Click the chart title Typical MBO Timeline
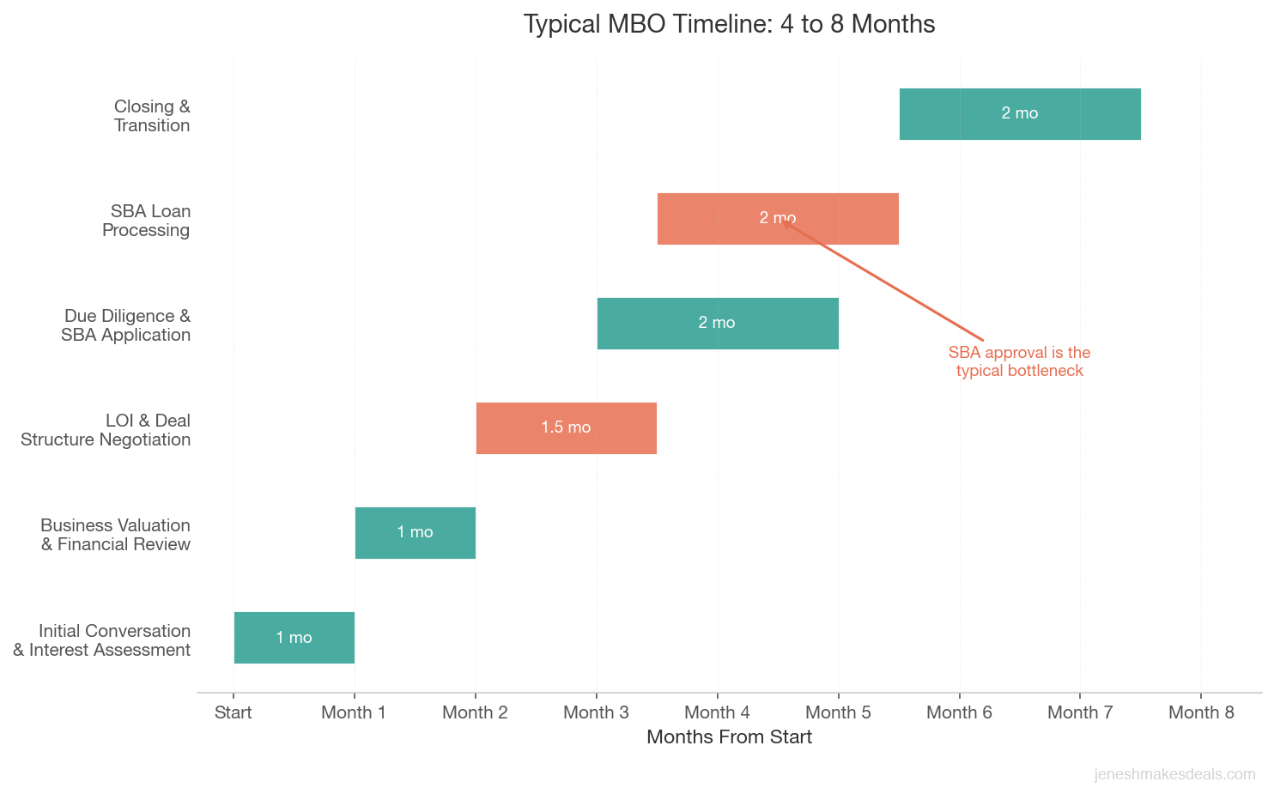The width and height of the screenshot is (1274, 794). (729, 24)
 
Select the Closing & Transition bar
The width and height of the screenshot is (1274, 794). (1020, 114)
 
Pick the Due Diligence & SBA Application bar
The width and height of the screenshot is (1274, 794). (718, 324)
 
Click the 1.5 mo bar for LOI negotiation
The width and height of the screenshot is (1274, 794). (567, 428)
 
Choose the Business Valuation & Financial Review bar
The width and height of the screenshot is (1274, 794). (416, 533)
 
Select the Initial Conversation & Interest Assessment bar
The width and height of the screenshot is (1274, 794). (294, 638)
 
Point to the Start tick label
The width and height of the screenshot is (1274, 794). (234, 712)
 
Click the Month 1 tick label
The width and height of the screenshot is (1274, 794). (354, 712)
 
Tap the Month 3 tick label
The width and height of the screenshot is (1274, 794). (596, 712)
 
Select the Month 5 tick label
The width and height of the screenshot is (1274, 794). (838, 712)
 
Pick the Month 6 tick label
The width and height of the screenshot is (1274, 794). (959, 712)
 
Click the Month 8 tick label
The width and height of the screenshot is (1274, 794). (1201, 712)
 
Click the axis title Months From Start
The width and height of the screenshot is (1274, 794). (729, 737)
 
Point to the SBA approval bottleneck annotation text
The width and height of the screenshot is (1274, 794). (1019, 361)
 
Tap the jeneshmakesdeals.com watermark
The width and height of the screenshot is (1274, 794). (1174, 774)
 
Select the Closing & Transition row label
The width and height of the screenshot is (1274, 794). (152, 116)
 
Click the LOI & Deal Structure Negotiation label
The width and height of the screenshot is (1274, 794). (106, 430)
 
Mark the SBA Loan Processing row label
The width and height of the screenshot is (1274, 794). (147, 221)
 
